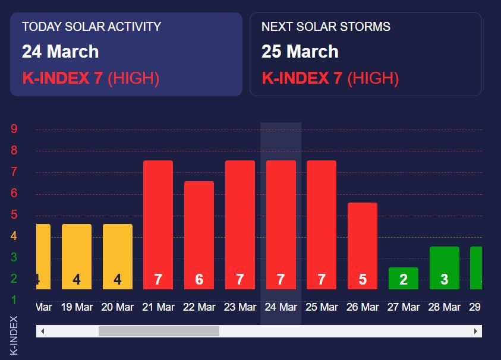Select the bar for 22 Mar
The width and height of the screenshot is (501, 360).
coord(199,235)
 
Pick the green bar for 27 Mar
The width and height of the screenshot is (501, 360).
coord(404,278)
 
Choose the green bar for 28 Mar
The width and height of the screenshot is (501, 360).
coord(445,267)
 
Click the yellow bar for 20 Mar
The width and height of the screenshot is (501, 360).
coord(118,256)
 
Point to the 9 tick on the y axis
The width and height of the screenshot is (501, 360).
coord(14,129)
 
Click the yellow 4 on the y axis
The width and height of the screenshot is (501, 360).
coord(14,236)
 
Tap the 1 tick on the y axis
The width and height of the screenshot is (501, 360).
coord(14,300)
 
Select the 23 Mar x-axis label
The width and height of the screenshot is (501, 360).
coord(240,307)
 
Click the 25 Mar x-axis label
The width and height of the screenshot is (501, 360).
coord(322,307)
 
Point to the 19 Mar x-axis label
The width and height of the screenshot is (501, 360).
coord(77,307)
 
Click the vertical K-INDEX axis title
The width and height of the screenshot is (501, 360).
coord(14,335)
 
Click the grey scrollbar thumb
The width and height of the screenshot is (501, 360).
coord(159,331)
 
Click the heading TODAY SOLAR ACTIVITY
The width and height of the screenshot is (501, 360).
coord(92,27)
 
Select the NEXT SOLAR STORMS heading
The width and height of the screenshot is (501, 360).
coord(326,27)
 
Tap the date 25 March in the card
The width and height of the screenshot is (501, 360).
coord(300,52)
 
